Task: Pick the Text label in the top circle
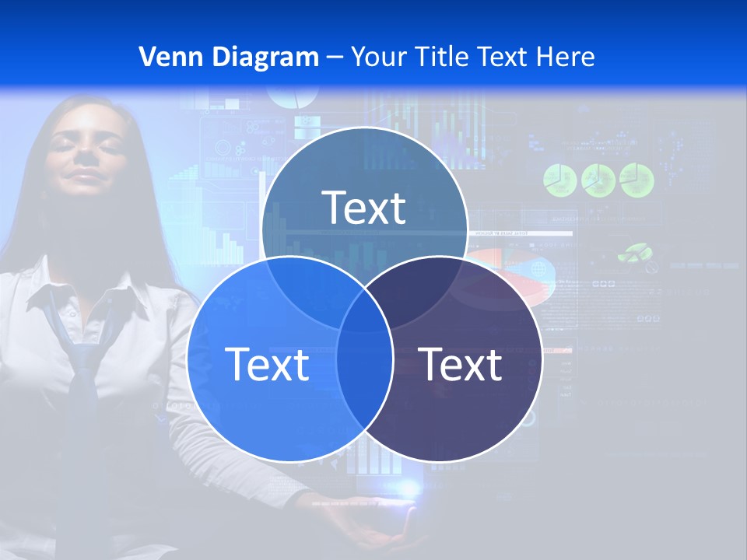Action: coord(364,208)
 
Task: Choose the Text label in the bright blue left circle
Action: coord(267,364)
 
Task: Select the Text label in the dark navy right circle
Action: coord(460,364)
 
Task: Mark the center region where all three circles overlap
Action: coord(365,307)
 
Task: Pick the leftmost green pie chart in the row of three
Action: coord(559,180)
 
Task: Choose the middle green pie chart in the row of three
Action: coord(598,180)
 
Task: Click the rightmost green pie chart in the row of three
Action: coord(637,180)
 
